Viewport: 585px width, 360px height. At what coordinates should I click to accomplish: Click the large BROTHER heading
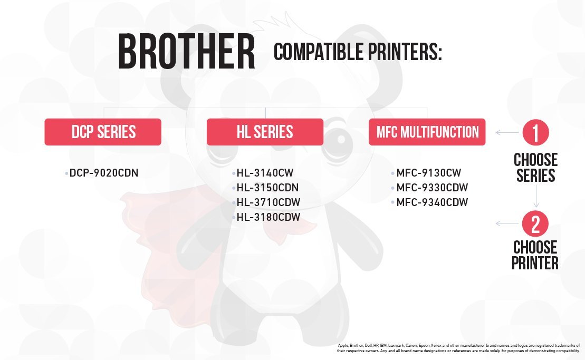[187, 51]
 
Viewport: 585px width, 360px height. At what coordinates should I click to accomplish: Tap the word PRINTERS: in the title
[405, 52]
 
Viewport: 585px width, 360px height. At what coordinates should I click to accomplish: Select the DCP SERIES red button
[103, 132]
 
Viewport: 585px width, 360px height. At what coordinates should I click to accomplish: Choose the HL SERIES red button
[265, 132]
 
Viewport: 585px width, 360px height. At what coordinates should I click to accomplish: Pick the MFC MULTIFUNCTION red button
[427, 132]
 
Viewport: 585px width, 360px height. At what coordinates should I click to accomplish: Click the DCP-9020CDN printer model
[104, 173]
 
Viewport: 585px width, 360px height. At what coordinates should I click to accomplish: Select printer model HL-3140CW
[265, 173]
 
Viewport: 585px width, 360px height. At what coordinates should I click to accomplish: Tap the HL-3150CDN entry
[267, 188]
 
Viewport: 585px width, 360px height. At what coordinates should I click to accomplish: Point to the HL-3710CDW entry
[268, 202]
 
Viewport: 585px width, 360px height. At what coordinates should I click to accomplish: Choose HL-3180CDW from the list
[268, 217]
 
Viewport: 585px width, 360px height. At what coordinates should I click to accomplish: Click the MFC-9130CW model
[429, 173]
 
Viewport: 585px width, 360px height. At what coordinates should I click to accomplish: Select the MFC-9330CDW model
[432, 188]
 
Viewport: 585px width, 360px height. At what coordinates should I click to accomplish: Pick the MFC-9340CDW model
[432, 202]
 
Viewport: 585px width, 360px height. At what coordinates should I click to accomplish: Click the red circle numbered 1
[535, 132]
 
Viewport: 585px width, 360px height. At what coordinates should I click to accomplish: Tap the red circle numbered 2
[535, 223]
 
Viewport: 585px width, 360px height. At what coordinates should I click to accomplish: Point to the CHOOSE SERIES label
[535, 168]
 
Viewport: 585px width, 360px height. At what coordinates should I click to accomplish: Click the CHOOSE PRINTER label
[535, 255]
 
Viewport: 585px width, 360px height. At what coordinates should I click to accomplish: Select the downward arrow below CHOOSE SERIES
[536, 196]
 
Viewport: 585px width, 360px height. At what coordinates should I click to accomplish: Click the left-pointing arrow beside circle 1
[507, 132]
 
